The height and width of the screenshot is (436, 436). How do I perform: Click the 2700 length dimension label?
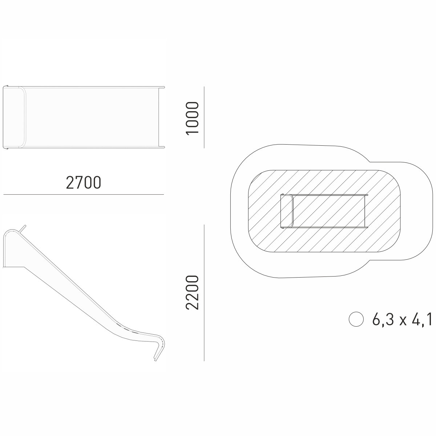(84, 183)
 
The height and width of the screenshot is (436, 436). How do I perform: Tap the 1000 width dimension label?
(192, 118)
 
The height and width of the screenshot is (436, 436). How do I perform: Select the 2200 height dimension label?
(192, 292)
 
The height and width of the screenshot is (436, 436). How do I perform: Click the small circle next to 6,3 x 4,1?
(356, 319)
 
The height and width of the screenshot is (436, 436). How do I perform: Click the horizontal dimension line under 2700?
(84, 194)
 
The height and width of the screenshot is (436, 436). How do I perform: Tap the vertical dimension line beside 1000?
(204, 117)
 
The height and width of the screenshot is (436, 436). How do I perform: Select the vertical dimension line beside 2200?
(204, 292)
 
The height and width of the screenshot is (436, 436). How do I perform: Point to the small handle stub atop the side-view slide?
(23, 228)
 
